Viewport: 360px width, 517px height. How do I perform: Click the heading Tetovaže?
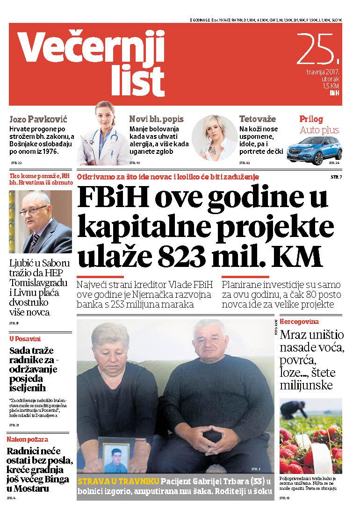(x=257, y=119)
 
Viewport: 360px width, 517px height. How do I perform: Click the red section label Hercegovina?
(x=299, y=322)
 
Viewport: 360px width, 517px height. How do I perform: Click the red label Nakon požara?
(x=27, y=439)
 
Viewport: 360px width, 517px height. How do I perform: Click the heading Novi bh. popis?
(x=156, y=119)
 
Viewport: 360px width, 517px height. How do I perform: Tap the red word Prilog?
(x=311, y=119)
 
